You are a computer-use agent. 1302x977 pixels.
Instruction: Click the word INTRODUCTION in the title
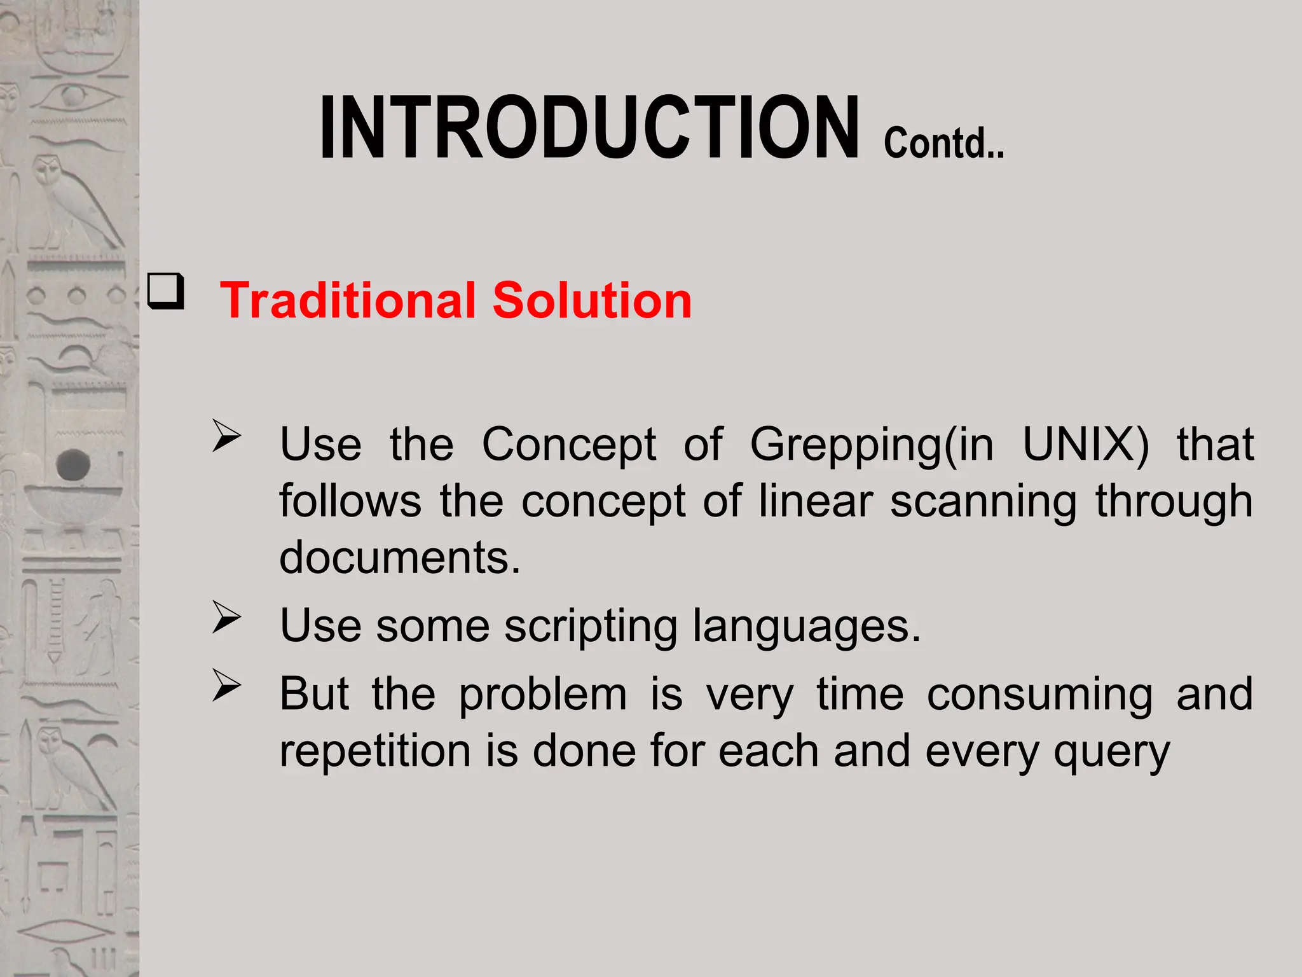[589, 128]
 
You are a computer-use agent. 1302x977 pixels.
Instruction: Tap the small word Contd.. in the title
[943, 143]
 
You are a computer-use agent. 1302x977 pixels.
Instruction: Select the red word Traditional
[347, 300]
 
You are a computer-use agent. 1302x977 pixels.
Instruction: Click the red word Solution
[592, 300]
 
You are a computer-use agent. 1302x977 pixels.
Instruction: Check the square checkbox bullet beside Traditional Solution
[166, 291]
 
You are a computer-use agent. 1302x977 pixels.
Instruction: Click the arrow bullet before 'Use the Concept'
[226, 436]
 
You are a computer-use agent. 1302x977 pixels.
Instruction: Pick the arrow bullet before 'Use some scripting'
[226, 617]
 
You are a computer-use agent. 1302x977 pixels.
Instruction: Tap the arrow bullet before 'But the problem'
[226, 686]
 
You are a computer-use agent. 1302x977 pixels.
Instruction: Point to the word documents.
[400, 557]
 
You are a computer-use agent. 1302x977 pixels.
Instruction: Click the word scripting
[591, 627]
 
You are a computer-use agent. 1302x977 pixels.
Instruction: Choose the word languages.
[806, 627]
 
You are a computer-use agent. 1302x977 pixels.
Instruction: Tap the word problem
[543, 695]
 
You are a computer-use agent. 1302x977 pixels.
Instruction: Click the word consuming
[1039, 695]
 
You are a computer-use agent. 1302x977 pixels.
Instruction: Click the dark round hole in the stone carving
[73, 464]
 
